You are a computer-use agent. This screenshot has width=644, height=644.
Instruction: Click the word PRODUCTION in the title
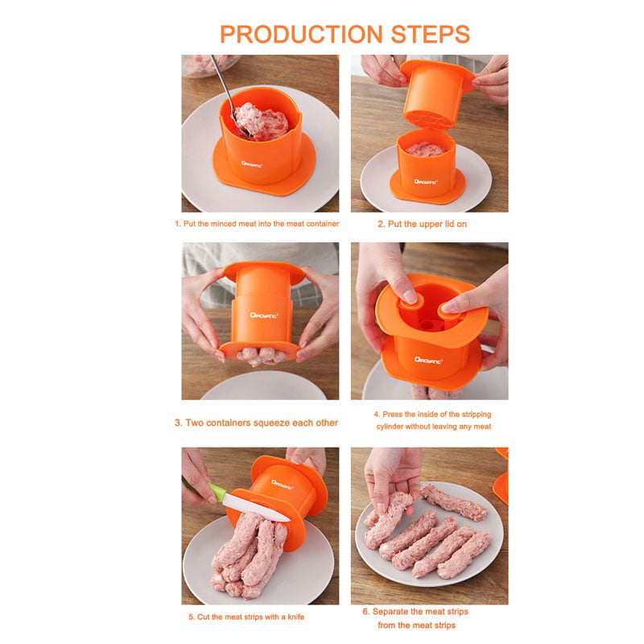pos(302,34)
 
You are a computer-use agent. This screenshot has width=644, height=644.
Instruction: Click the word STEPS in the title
pos(431,34)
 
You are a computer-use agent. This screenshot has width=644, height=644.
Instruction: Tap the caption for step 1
pos(257,224)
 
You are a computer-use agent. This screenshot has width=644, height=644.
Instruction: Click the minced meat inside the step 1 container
pos(261,122)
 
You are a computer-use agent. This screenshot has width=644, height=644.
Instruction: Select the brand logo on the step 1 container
pos(251,164)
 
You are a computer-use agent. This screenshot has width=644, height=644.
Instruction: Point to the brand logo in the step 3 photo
pos(264,316)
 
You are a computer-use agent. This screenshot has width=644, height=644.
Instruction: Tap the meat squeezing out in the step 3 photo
pos(261,356)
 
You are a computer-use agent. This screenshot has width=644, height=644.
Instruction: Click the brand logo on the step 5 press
pos(283,485)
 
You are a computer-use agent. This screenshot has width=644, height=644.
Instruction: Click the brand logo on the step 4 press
pos(427,361)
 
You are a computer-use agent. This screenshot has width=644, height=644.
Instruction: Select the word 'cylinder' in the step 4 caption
pos(390,427)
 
